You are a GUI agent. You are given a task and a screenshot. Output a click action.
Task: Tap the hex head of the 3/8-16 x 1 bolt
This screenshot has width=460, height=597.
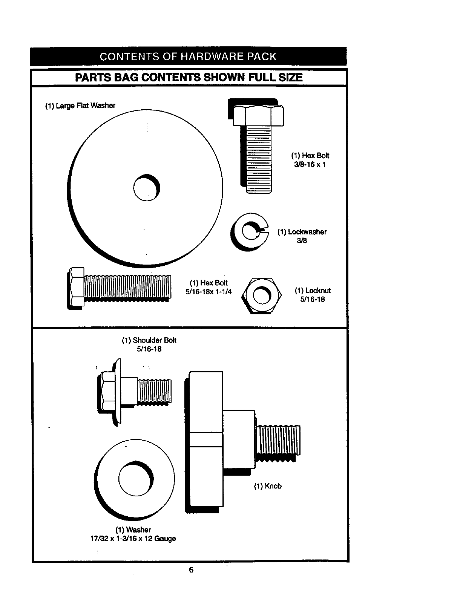[x=258, y=115]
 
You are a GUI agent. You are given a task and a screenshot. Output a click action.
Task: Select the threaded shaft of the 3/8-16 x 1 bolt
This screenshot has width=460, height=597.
[x=258, y=158]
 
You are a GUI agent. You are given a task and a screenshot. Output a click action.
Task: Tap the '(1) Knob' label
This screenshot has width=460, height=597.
[x=268, y=486]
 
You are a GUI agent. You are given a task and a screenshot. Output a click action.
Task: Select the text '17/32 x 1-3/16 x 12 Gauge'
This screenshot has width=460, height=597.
[x=133, y=539]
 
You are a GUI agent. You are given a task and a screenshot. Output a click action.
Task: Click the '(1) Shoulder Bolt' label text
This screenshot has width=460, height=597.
[x=149, y=340]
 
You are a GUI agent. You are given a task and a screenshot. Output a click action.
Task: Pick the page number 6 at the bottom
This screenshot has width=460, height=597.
[x=191, y=570]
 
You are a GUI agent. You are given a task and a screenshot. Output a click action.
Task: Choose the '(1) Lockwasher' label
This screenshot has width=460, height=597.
[x=302, y=232]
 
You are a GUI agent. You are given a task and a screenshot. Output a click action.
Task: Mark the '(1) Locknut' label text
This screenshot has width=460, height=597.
[x=313, y=291]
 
